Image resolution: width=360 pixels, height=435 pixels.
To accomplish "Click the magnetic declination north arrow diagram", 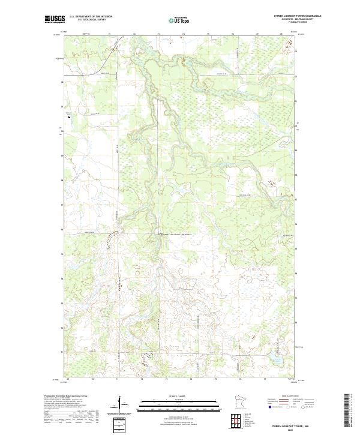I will coord(120,404).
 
